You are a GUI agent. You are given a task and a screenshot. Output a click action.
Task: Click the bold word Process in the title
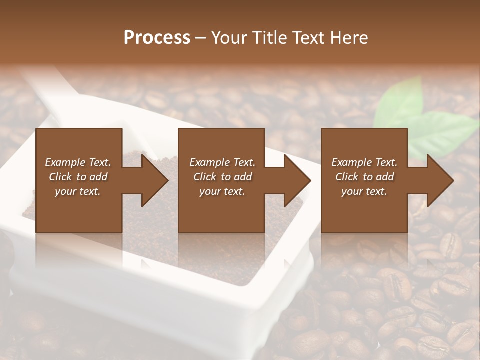click(157, 38)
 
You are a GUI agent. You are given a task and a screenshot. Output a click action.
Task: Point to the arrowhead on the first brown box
click(153, 180)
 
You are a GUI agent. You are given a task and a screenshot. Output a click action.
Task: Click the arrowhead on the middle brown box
click(296, 180)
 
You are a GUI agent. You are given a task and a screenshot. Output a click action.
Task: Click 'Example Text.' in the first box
click(78, 162)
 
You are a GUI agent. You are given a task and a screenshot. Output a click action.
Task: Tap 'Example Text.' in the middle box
click(222, 162)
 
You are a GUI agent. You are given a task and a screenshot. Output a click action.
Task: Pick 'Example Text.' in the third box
click(364, 162)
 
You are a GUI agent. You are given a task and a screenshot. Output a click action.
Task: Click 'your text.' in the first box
click(78, 191)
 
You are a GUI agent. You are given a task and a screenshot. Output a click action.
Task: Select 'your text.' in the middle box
click(222, 191)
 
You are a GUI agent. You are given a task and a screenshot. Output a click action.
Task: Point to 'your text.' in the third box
click(364, 191)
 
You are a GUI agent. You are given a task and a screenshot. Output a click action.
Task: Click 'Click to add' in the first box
click(78, 177)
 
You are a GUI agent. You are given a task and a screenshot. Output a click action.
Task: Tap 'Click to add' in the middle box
click(222, 177)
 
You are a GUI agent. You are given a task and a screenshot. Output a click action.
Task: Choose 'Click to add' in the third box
click(364, 177)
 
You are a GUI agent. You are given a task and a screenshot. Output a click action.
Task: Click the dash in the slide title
click(201, 38)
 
